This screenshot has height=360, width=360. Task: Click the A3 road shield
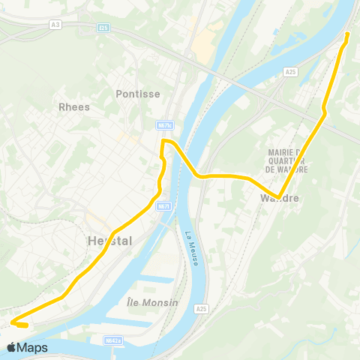55,25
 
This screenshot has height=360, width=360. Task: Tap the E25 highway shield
103,28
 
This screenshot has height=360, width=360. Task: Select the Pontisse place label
135,94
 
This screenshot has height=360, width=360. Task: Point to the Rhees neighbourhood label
74,106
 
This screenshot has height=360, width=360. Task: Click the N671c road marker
165,125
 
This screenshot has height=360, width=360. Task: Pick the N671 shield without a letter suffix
163,206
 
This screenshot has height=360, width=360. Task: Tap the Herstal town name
109,241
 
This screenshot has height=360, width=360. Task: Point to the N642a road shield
113,340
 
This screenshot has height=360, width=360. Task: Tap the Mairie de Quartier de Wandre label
289,159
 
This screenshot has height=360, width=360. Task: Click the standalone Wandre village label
279,198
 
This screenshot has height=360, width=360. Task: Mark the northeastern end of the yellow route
347,34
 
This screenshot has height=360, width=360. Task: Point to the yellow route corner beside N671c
164,141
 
